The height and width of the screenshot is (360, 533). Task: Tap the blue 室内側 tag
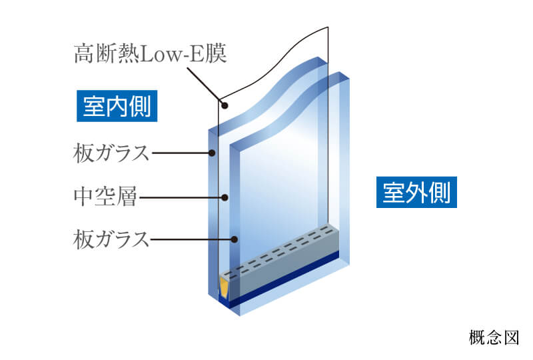117,105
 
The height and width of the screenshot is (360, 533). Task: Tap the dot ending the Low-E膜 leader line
224,105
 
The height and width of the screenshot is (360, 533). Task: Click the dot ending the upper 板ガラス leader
213,153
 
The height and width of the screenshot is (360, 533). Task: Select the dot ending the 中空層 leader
226,197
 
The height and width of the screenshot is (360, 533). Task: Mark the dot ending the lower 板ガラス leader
235,238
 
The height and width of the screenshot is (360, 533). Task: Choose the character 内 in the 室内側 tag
117,105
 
